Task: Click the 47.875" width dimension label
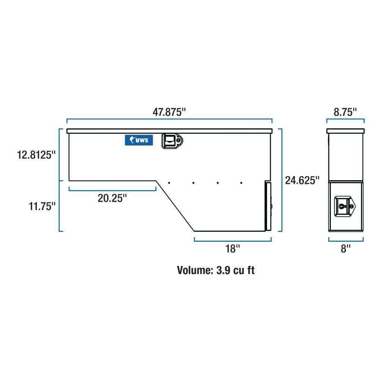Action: point(169,112)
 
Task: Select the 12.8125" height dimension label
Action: point(36,155)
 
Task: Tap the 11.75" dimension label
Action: point(42,206)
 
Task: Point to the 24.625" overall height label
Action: point(302,180)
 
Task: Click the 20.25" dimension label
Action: point(112,198)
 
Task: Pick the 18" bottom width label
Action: point(233,249)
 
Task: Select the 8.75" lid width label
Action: point(345,112)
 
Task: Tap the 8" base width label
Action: point(346,249)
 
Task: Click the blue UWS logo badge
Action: point(139,140)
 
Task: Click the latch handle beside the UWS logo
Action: point(172,141)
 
